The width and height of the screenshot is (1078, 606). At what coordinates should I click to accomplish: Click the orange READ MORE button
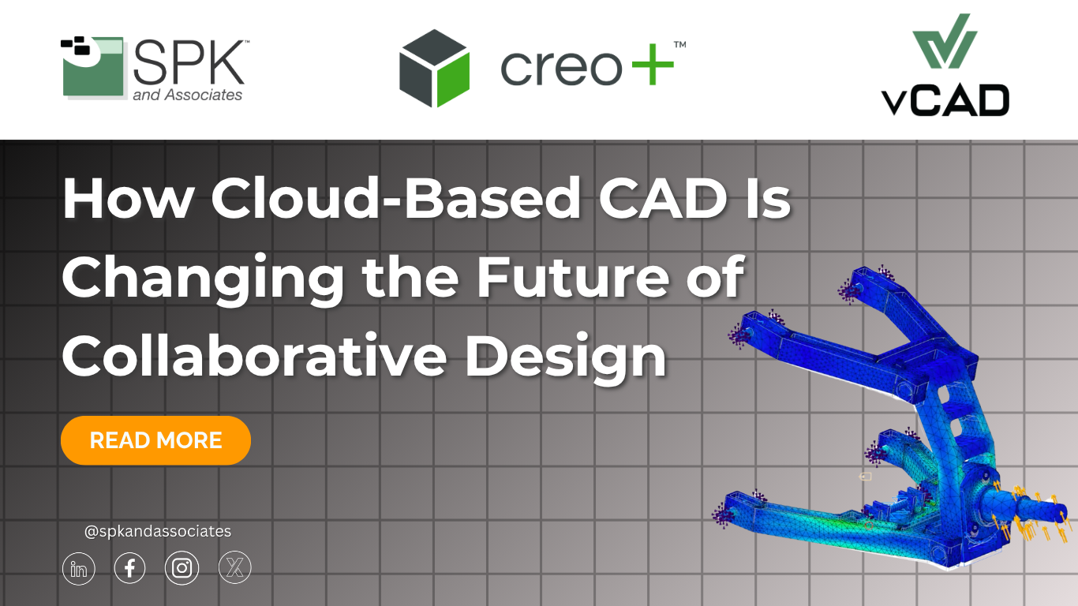click(155, 440)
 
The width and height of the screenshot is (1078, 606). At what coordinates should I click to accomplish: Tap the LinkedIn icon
click(79, 568)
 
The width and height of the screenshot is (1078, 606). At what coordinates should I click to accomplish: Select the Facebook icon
click(130, 568)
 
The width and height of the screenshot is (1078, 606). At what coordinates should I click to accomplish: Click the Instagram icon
click(182, 568)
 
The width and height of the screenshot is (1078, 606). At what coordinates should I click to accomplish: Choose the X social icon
click(235, 567)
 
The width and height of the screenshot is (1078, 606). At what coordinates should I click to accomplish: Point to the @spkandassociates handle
click(157, 531)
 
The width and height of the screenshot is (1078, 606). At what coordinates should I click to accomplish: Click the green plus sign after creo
click(653, 65)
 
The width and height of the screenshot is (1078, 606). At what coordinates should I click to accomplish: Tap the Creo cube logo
click(435, 68)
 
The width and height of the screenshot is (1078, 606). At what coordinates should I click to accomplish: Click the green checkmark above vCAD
click(945, 41)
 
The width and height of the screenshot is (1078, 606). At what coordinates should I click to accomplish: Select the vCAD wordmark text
click(945, 100)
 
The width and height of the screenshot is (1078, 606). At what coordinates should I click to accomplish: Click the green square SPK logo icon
click(92, 67)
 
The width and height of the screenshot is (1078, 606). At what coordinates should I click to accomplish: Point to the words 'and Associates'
click(187, 95)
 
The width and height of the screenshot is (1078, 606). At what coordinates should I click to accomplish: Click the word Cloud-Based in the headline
click(395, 198)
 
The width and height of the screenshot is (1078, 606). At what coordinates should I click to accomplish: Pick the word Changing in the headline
click(203, 280)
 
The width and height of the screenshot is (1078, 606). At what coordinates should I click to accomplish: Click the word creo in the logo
click(562, 68)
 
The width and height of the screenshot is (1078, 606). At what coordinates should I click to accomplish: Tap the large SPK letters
click(189, 62)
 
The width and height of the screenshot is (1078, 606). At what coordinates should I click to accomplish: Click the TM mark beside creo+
click(679, 45)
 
